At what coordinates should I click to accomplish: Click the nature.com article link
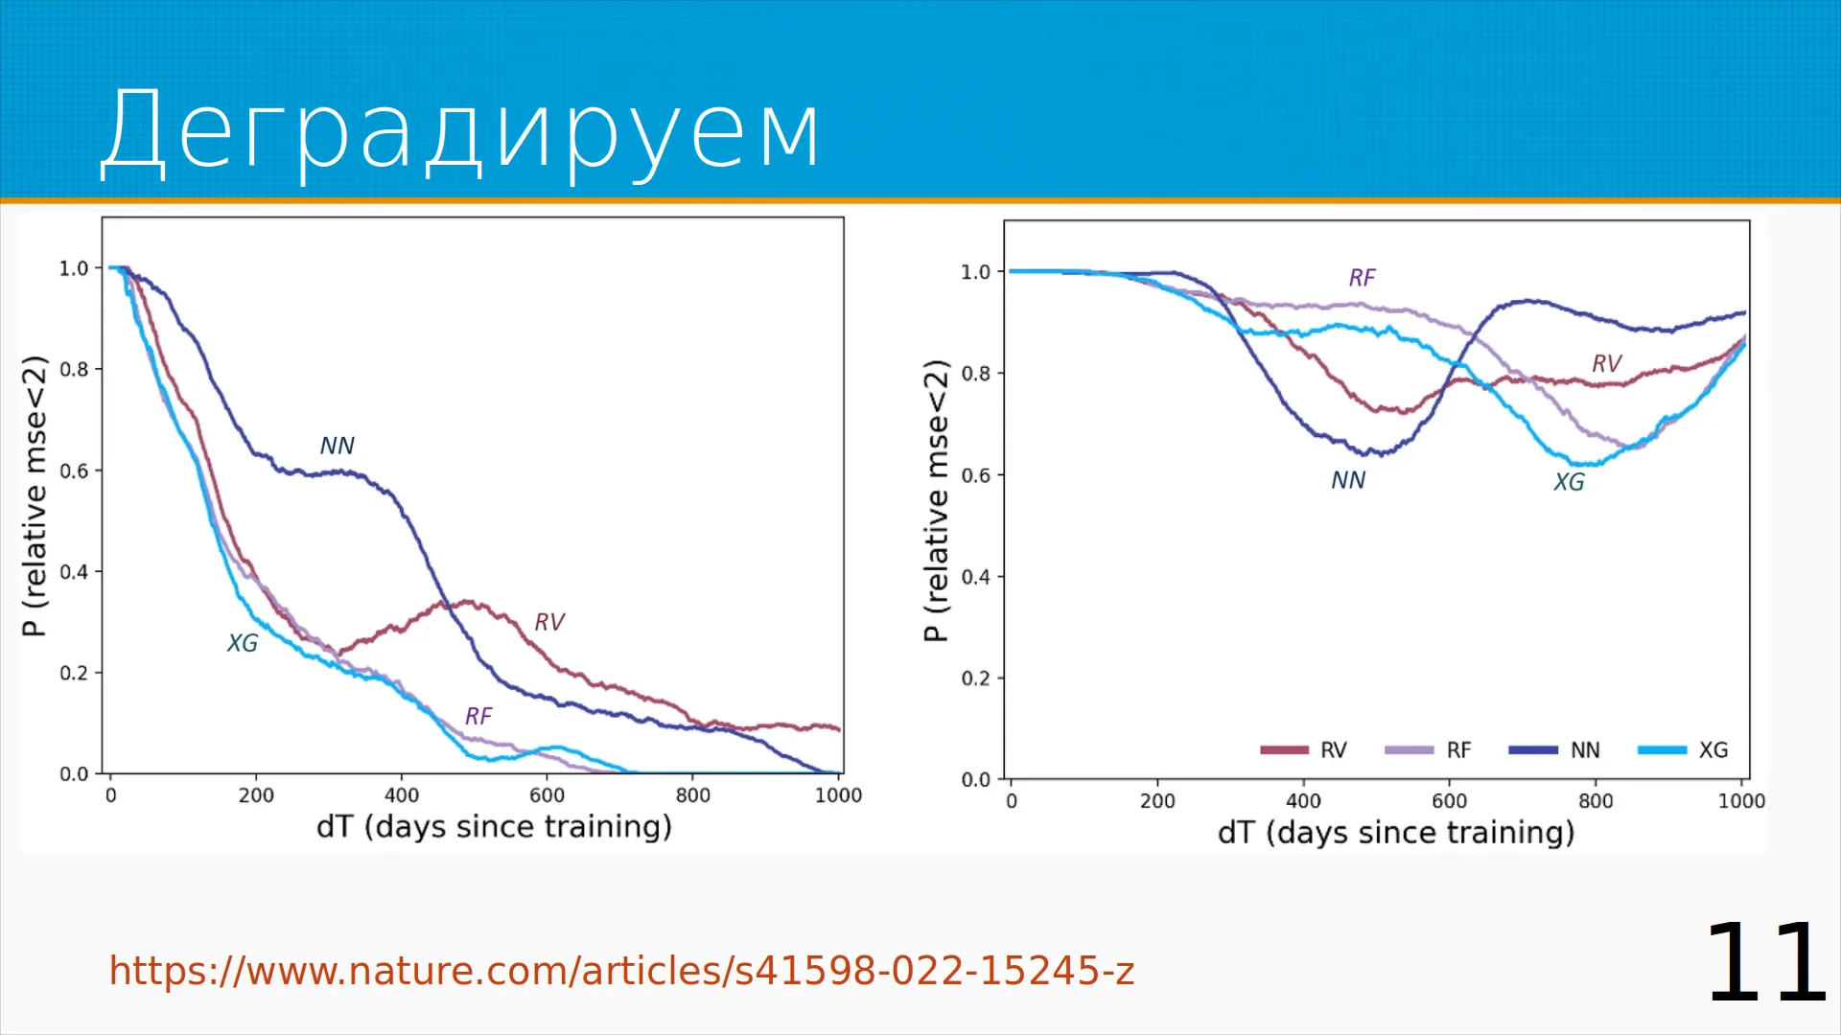click(621, 971)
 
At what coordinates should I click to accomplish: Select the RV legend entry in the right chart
click(1304, 750)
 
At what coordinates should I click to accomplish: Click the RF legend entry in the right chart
click(1429, 750)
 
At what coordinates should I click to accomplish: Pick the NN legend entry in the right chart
click(1554, 750)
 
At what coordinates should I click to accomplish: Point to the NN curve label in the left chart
click(338, 446)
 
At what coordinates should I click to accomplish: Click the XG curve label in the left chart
click(243, 643)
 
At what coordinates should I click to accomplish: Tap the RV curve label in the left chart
click(549, 622)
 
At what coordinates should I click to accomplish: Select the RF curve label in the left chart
click(478, 716)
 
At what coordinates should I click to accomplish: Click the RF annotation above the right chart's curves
click(1362, 278)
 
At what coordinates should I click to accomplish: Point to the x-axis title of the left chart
click(494, 826)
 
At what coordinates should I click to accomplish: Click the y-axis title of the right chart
click(936, 500)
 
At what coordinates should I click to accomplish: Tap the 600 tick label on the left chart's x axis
click(548, 795)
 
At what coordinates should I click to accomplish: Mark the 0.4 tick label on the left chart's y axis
click(74, 572)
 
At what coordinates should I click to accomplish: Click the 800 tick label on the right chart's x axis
click(1596, 801)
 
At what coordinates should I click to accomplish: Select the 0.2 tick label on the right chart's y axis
click(976, 678)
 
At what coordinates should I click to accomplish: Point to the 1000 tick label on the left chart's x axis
click(838, 795)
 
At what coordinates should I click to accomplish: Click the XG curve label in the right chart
click(1570, 482)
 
